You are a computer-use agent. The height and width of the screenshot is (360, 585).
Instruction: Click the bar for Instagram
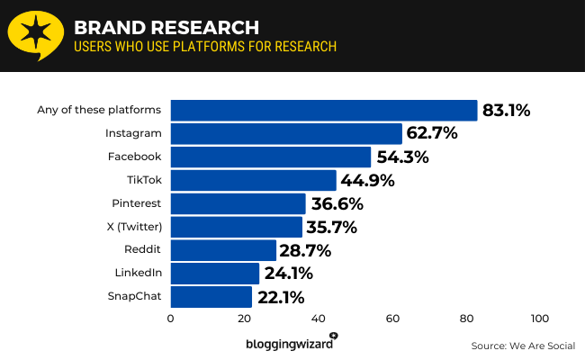tap(286, 133)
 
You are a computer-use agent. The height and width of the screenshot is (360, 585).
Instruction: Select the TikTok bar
tap(253, 180)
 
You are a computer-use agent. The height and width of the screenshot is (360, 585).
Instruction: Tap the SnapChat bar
tap(211, 297)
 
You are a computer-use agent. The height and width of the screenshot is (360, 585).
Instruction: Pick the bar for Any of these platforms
tap(324, 110)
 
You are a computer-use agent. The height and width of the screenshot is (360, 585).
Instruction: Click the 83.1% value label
tap(507, 111)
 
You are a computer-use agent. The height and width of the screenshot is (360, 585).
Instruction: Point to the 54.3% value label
tap(402, 157)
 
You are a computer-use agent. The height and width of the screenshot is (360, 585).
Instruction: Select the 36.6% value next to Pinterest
tap(337, 203)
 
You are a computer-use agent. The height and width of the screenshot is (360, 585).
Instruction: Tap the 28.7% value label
tap(308, 250)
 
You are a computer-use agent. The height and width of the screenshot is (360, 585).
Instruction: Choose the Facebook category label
tap(134, 157)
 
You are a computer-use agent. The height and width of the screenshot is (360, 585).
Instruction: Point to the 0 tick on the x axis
tap(171, 319)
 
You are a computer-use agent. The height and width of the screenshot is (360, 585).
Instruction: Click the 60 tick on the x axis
tap(392, 319)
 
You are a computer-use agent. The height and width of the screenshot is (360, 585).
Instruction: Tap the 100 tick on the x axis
tap(540, 319)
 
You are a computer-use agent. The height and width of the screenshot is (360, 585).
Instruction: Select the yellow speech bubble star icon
tap(34, 35)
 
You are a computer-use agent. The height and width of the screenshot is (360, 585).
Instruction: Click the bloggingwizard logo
tap(291, 343)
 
